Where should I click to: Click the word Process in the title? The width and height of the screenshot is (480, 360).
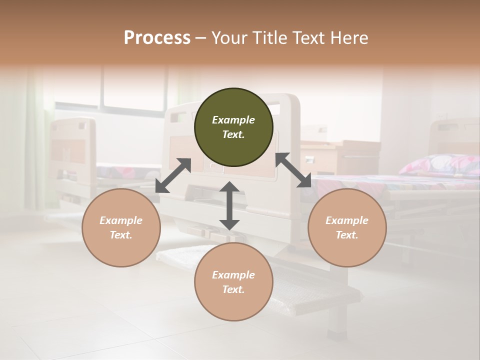[157, 38]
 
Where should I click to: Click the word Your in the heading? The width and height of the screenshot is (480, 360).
[230, 38]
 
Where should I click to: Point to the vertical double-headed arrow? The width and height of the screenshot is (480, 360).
[229, 205]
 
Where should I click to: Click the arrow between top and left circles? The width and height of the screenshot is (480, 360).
[173, 175]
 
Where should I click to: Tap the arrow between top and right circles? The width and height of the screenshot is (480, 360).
[293, 170]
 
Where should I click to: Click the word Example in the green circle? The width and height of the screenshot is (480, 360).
[233, 120]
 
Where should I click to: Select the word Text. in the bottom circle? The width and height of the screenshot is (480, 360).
[233, 289]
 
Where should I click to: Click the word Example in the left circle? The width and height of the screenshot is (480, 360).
[121, 220]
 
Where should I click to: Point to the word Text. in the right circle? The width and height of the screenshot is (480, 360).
[347, 235]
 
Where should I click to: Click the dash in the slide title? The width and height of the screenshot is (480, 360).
[201, 38]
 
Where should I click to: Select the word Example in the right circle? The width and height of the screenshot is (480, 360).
[347, 220]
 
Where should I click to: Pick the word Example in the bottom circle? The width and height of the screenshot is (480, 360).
[233, 275]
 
